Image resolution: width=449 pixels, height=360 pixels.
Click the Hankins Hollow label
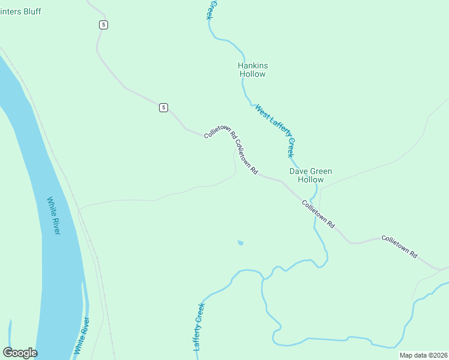(252, 70)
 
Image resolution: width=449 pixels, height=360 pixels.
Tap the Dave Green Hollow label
(310, 175)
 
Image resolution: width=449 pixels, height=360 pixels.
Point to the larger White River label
(54, 216)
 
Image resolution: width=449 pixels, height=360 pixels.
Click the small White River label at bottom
(81, 336)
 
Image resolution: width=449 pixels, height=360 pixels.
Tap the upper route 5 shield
(104, 25)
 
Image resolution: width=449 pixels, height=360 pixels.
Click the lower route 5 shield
(163, 107)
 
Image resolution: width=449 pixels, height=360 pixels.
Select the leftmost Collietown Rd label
(220, 127)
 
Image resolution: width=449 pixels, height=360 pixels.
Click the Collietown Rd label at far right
(399, 246)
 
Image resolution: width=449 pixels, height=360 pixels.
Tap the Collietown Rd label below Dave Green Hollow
(318, 214)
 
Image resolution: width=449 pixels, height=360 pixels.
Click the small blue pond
(240, 243)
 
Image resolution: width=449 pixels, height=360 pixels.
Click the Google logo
(20, 353)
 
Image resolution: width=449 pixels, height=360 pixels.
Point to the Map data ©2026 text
(423, 355)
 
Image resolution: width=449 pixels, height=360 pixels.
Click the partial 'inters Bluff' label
(19, 12)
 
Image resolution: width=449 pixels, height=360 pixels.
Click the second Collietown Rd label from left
(246, 157)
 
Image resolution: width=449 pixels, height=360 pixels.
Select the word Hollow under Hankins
(252, 74)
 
